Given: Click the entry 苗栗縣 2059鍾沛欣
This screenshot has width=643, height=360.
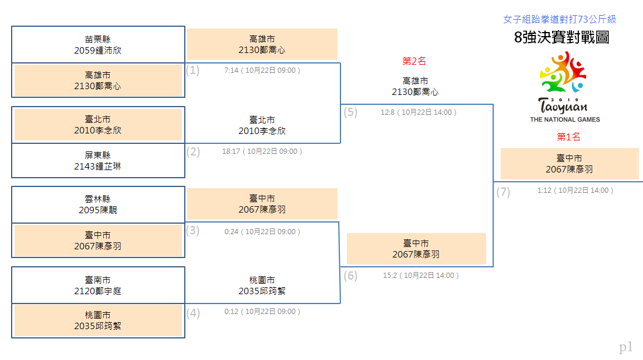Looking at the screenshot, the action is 97,45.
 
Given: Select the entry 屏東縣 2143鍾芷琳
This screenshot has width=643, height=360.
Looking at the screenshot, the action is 97,161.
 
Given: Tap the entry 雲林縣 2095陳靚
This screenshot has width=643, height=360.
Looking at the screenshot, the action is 97,204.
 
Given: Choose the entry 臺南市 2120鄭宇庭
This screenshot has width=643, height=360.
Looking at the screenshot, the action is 97,285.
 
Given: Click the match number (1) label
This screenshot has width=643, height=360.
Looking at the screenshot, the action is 193,70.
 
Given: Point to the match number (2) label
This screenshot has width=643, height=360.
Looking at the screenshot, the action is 193,152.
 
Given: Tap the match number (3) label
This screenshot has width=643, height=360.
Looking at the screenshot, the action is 193,231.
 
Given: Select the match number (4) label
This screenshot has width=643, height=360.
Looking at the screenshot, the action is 193,313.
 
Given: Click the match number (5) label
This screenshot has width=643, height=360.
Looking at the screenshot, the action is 350,112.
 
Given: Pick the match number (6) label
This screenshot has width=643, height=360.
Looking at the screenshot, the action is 350,276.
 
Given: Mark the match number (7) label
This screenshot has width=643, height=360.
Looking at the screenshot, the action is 503,192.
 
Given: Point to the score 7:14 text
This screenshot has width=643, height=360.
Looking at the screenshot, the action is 231,70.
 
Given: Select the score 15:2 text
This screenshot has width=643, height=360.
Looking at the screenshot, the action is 390,276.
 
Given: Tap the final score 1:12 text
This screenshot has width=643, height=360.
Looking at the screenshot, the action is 544,190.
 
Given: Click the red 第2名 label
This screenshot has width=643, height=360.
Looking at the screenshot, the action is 414,61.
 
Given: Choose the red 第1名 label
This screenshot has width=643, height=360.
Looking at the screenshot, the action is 568,137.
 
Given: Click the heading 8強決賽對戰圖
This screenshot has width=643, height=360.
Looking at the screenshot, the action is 561,37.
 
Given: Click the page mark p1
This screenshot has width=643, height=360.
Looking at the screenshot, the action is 626,347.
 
